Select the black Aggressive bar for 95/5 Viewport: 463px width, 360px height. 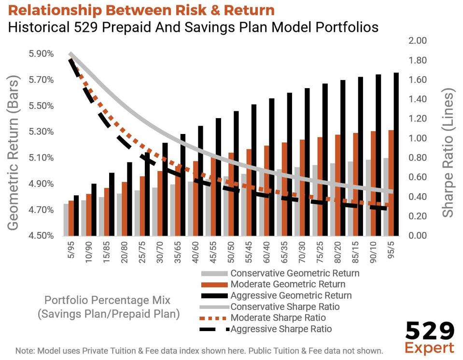click(396, 154)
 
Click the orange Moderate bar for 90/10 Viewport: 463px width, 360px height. click(374, 183)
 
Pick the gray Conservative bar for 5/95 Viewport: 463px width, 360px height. click(66, 220)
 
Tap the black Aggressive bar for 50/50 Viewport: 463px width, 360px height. click(236, 173)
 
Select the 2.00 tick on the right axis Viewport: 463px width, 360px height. click(418, 40)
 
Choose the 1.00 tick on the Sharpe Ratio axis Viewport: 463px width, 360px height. click(418, 138)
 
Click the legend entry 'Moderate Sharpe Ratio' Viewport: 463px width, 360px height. click(278, 318)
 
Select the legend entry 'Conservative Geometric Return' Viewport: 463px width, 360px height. click(295, 273)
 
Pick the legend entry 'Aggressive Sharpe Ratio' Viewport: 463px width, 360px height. click(281, 330)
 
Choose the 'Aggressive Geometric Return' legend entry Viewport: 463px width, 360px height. click(291, 295)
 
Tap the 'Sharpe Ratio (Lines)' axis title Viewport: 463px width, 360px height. click(449, 152)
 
